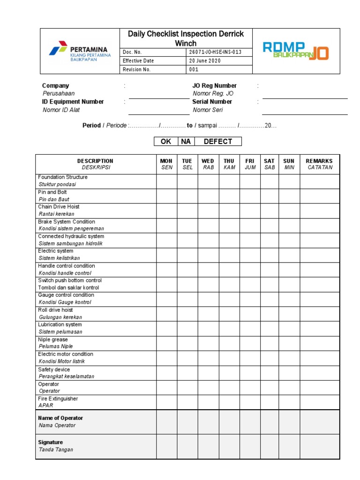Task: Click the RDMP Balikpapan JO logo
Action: click(x=295, y=51)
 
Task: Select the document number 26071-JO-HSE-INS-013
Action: click(x=215, y=52)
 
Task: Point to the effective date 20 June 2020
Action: click(x=204, y=61)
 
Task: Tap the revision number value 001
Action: click(x=194, y=69)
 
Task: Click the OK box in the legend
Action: click(x=166, y=142)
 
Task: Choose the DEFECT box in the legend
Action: click(x=217, y=142)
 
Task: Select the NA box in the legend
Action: click(x=186, y=142)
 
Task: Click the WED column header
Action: click(x=208, y=164)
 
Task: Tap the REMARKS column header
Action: click(x=320, y=164)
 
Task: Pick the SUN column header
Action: click(x=289, y=164)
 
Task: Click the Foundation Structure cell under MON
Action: click(x=166, y=181)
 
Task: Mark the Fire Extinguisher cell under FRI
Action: click(x=249, y=402)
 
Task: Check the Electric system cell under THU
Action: click(x=229, y=255)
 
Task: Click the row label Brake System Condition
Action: click(x=67, y=222)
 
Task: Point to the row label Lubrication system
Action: click(x=60, y=324)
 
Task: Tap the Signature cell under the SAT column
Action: click(x=269, y=446)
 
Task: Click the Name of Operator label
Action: click(x=60, y=418)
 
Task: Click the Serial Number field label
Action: click(x=212, y=102)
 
